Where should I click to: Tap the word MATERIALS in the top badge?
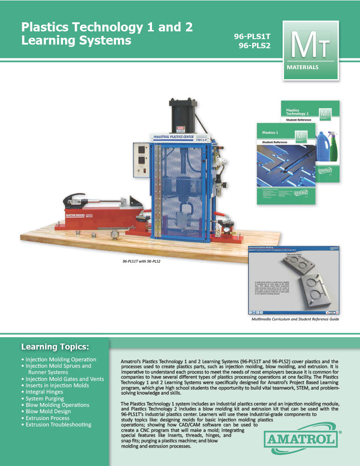coord(303,67)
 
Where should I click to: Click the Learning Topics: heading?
coord(55,347)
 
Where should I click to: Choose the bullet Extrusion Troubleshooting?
coord(58,425)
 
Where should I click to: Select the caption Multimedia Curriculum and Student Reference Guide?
coord(292,319)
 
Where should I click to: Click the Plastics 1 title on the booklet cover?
coord(270,133)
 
